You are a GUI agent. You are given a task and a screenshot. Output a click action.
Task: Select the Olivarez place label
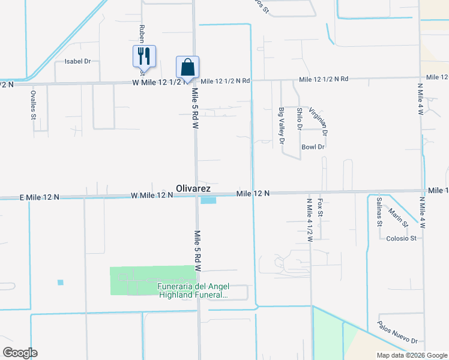pos(193,188)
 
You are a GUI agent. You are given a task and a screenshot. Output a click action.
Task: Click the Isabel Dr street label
pos(77,61)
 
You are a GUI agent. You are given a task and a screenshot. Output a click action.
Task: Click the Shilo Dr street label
pos(299,119)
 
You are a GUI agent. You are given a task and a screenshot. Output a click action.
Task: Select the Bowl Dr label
pos(313,147)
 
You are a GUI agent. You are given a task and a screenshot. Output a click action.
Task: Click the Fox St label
pos(321,208)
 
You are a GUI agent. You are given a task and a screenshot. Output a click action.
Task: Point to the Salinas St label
pos(379,211)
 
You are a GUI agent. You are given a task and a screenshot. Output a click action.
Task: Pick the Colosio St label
pos(400,238)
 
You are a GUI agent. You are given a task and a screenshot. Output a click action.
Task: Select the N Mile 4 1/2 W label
pos(310,220)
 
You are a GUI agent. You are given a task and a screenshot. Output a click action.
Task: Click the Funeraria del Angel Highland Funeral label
pos(193,290)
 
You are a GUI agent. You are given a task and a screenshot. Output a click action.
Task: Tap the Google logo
pos(20,353)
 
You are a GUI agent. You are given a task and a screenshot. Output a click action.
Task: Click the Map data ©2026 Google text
pos(412,355)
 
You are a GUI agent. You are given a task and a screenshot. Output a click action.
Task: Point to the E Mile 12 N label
pos(39,197)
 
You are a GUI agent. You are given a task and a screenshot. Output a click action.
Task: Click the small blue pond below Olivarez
pos(208,200)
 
